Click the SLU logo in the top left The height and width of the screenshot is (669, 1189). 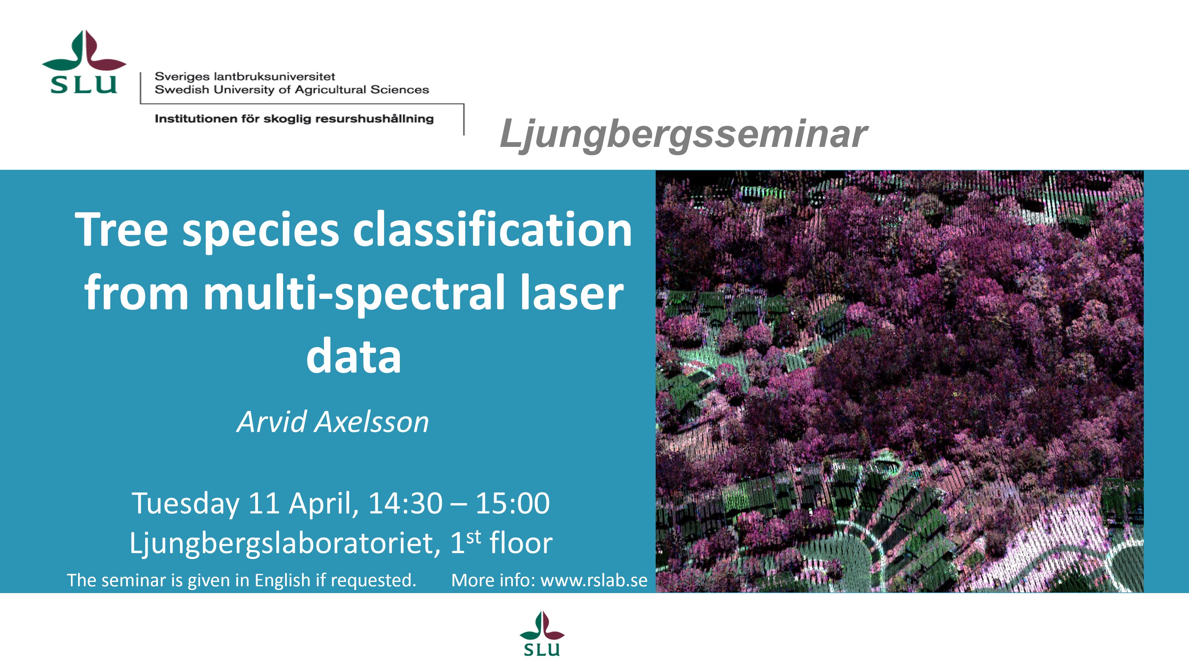[84, 62]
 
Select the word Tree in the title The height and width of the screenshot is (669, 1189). [121, 230]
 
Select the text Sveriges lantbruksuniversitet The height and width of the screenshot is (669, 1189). [245, 76]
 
